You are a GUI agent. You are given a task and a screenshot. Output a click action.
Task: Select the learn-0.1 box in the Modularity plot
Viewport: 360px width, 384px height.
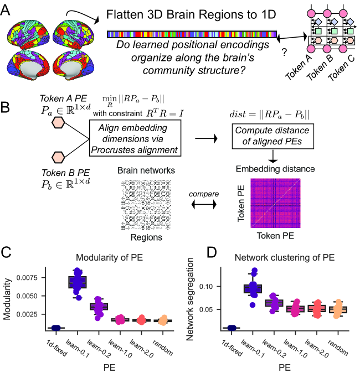(78, 282)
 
